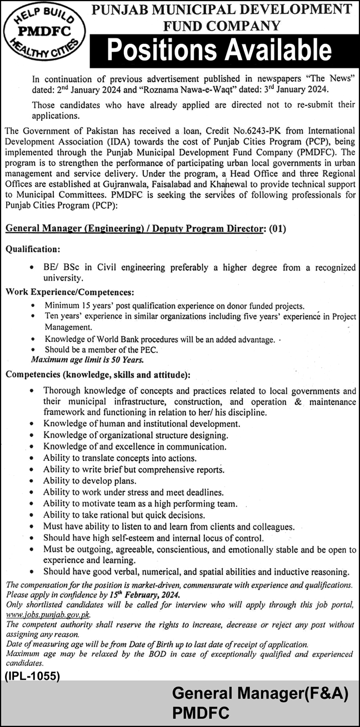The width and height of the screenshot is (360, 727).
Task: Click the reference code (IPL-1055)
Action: tap(33, 676)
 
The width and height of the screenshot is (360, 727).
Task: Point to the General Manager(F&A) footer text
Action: tap(259, 693)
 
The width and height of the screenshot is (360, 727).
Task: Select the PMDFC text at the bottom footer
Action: tap(201, 712)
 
